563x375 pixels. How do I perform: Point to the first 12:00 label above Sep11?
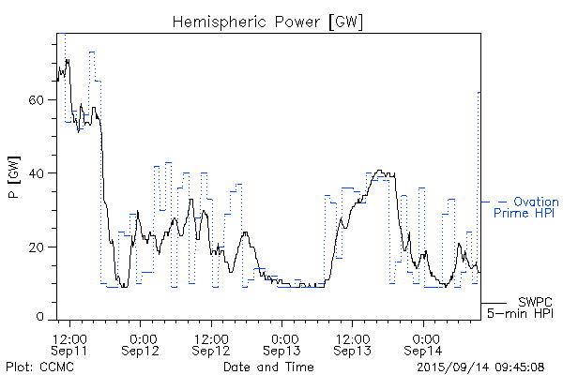tap(71, 338)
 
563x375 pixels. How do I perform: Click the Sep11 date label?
tap(71, 351)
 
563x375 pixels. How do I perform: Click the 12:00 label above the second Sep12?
tap(212, 338)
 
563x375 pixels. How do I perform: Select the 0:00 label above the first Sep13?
tap(282, 338)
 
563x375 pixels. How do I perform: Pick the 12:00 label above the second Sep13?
tap(353, 338)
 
